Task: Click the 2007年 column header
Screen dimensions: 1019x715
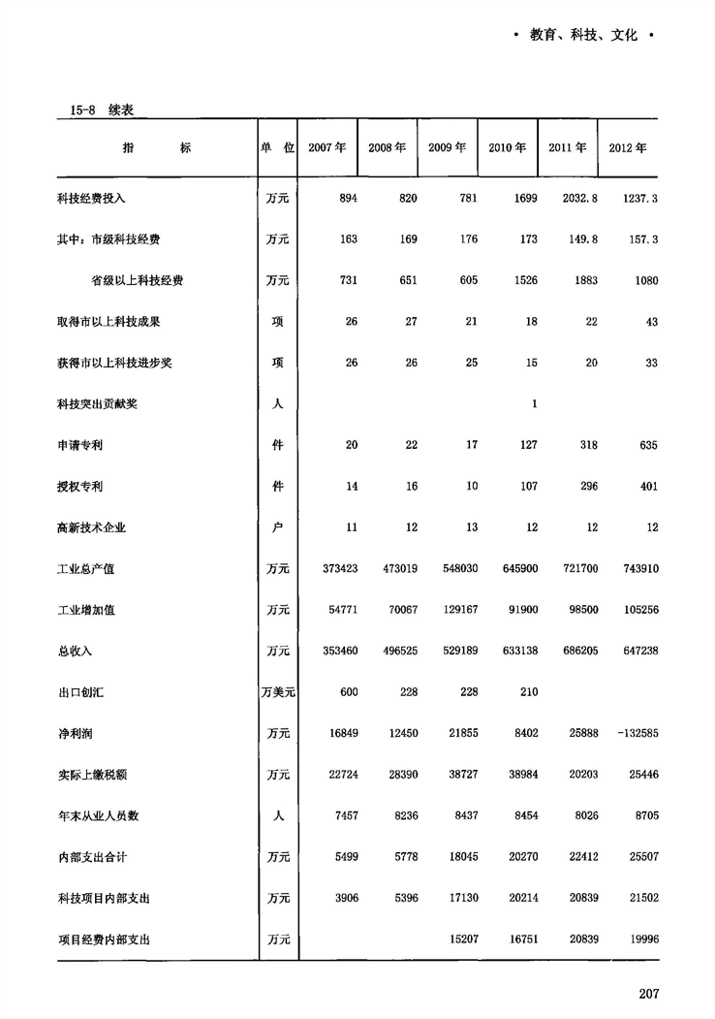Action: tap(326, 148)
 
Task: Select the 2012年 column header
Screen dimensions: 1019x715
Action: tap(628, 148)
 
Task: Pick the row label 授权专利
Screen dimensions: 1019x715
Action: tap(80, 487)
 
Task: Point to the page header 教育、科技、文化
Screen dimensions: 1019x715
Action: tap(584, 36)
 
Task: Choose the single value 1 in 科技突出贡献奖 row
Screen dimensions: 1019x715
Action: tap(534, 404)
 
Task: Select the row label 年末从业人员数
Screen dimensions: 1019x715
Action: tap(98, 816)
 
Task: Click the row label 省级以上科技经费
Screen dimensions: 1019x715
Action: tap(138, 280)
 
